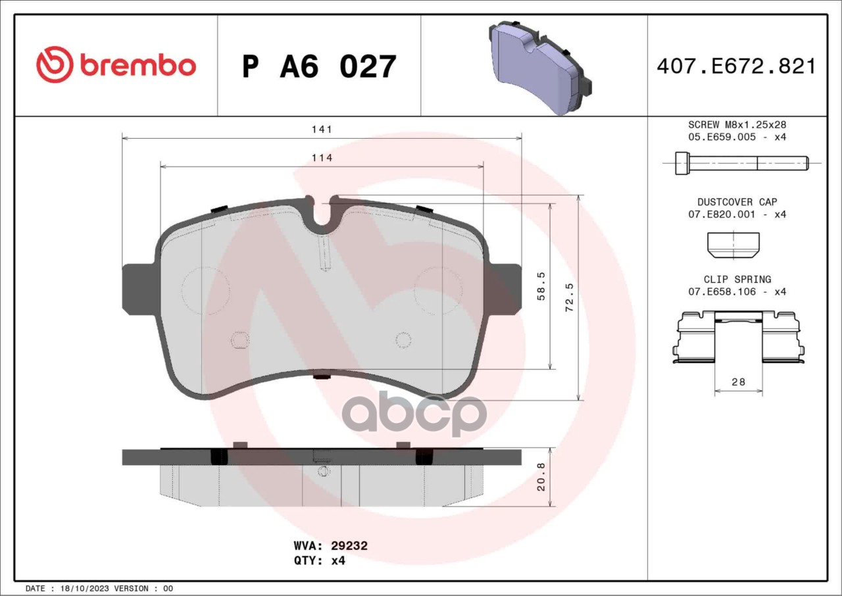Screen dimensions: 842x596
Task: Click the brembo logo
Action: (x=116, y=64)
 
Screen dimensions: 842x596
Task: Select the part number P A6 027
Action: (x=319, y=66)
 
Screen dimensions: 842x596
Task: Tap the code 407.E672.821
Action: (x=737, y=66)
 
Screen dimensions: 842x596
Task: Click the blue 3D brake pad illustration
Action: (x=540, y=66)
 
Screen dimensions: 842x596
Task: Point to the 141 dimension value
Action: (x=322, y=130)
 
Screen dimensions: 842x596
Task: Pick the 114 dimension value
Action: (x=322, y=158)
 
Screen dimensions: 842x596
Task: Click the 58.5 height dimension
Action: (x=541, y=286)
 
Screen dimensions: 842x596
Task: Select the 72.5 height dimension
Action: (x=570, y=297)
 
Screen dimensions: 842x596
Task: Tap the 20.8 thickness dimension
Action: (x=541, y=477)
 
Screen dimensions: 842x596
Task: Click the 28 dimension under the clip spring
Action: (x=738, y=382)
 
